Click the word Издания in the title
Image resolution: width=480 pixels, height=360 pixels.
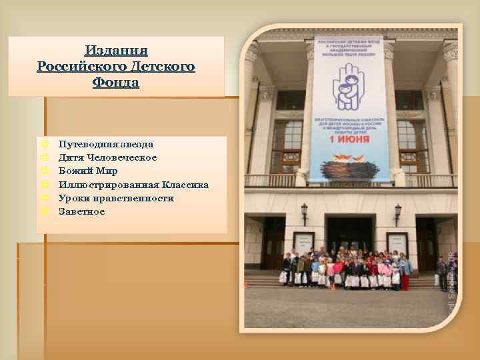(x=117, y=51)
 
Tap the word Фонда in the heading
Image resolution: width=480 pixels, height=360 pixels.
(x=117, y=83)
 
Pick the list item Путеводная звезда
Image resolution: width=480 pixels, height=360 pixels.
(x=105, y=144)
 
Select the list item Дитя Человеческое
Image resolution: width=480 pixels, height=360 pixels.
(x=107, y=157)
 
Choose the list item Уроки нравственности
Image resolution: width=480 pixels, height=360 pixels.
(x=116, y=198)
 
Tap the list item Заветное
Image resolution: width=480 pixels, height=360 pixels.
(x=81, y=211)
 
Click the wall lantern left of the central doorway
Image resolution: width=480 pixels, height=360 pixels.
(x=304, y=211)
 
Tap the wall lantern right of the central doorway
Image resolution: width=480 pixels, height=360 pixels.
(x=398, y=212)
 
